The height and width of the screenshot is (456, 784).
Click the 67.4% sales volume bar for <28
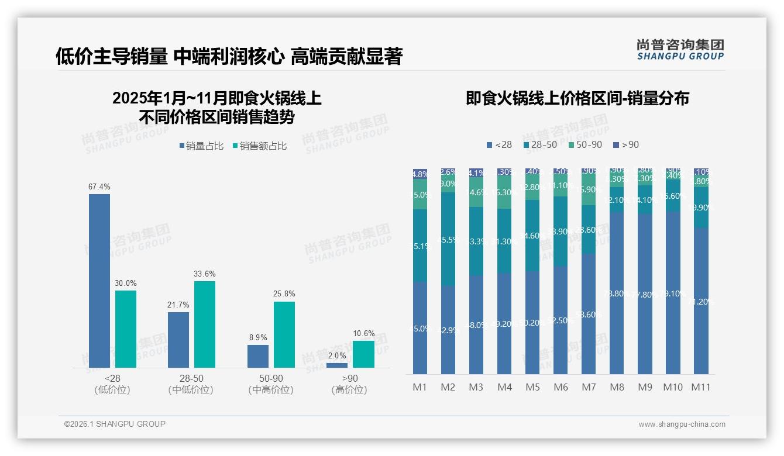coord(99,281)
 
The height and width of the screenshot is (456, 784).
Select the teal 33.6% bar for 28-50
coord(205,324)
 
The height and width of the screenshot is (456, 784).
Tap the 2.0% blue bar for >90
coord(337,365)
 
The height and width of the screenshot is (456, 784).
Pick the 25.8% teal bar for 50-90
coord(284,334)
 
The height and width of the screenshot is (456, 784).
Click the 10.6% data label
coord(364,334)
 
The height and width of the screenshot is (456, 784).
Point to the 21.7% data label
coord(178,305)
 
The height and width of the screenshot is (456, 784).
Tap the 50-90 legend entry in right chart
coord(584,144)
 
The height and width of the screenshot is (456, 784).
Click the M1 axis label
coord(419,387)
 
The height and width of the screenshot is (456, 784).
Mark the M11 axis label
coord(700,387)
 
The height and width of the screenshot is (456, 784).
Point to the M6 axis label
coord(561,387)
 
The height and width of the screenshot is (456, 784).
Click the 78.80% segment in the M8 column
coord(617,293)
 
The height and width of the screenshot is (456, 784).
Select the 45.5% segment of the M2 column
coord(448,239)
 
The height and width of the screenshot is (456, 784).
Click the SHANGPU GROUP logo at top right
coord(680,50)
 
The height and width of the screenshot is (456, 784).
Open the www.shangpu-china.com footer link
coord(682,424)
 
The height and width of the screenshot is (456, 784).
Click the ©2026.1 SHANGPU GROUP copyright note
coord(115,424)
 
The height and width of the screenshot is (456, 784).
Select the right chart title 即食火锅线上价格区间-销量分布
coord(577,98)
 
